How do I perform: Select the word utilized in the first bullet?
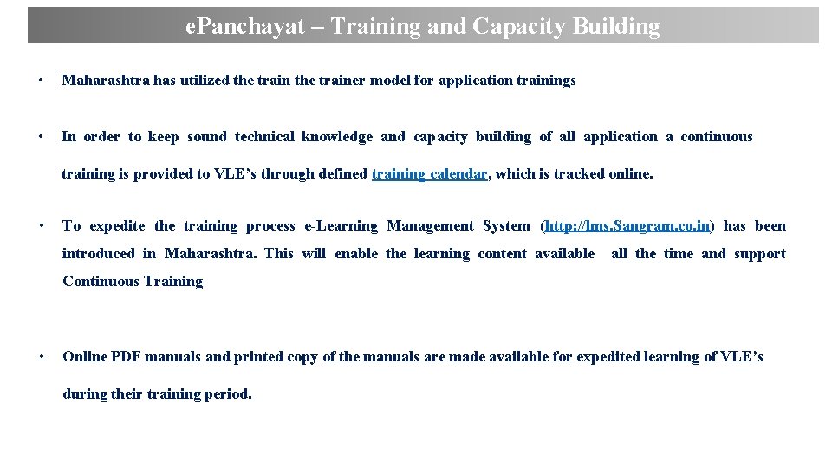click(204, 81)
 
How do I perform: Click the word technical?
click(265, 137)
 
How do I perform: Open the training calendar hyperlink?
click(429, 174)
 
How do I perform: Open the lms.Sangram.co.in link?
click(628, 226)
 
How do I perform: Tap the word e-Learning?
click(341, 226)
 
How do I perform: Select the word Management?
click(430, 226)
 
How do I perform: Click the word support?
click(759, 254)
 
